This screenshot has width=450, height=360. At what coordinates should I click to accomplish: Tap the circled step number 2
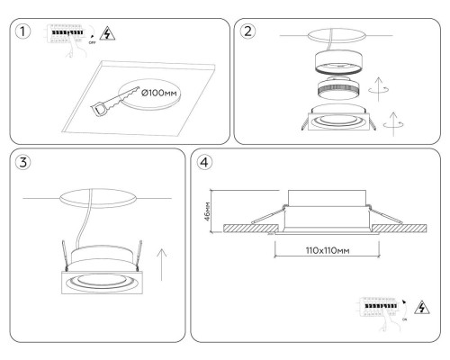[x=247, y=31]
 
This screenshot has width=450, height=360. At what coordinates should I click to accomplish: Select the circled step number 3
[x=23, y=162]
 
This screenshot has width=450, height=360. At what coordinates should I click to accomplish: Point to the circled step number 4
[x=204, y=162]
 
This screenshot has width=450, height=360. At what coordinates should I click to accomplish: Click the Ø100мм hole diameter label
[x=159, y=94]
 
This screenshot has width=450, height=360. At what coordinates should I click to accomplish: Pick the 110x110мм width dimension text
[x=328, y=250]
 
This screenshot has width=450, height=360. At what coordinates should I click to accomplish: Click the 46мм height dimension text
[x=207, y=211]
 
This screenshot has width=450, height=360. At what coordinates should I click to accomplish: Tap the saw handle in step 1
[x=99, y=109]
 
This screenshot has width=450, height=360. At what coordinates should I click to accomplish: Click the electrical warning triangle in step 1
[x=107, y=33]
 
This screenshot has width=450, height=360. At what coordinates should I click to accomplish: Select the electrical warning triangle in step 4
[x=422, y=307]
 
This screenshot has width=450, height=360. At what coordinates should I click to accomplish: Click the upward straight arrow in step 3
[x=162, y=265]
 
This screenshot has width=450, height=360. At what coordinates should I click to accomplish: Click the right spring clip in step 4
[x=385, y=213]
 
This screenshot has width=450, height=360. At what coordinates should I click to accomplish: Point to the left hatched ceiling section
[x=251, y=228]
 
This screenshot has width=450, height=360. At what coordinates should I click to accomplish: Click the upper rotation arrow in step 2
[x=379, y=89]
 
